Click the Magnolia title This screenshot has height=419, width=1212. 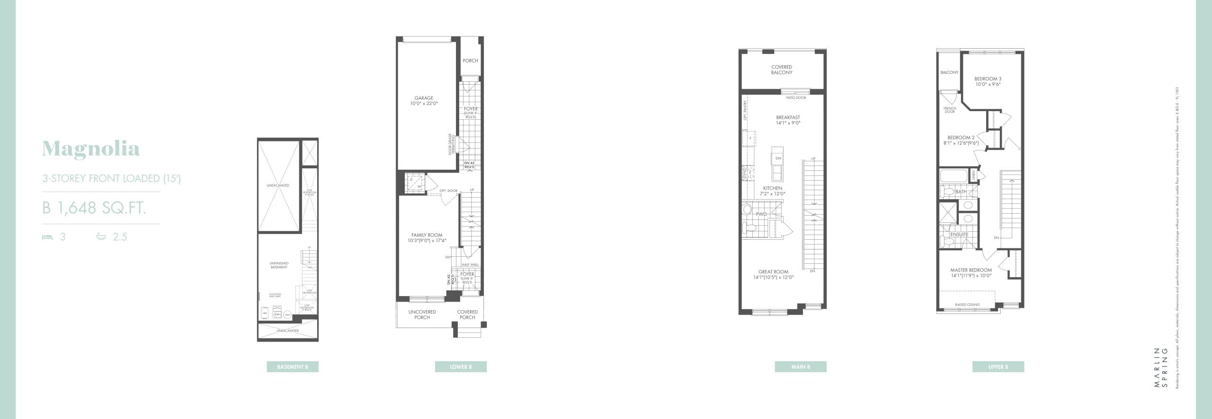pyautogui.click(x=91, y=149)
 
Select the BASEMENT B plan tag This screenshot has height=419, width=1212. pyautogui.click(x=293, y=367)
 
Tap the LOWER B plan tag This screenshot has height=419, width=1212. pyautogui.click(x=461, y=367)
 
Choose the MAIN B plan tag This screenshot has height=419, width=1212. pyautogui.click(x=801, y=367)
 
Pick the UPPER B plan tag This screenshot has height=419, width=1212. pyautogui.click(x=998, y=367)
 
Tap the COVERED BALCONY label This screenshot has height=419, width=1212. pyautogui.click(x=782, y=70)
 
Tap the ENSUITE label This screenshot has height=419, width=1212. pyautogui.click(x=959, y=235)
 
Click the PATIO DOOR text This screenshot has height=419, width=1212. pyautogui.click(x=796, y=98)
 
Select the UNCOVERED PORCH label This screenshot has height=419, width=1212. pyautogui.click(x=422, y=314)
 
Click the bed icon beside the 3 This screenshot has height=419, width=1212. pyautogui.click(x=47, y=237)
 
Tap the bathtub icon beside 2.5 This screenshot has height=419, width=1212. pyautogui.click(x=101, y=236)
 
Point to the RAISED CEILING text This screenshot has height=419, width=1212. pyautogui.click(x=968, y=305)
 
